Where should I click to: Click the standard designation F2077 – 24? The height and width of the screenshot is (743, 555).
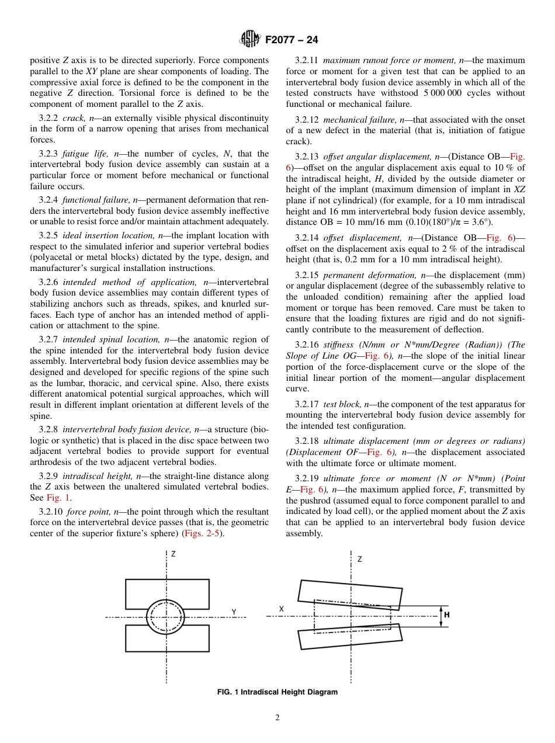pos(292,40)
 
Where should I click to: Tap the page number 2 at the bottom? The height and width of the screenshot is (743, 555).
pos(277,718)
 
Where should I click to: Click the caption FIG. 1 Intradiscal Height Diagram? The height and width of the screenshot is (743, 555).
pos(277,692)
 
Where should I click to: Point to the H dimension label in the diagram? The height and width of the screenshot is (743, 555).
pos(446,615)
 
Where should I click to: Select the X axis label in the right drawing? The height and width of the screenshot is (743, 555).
pos(281,609)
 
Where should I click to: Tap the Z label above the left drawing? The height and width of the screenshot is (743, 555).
pos(173,554)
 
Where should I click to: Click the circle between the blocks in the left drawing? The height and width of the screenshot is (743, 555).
pos(165,616)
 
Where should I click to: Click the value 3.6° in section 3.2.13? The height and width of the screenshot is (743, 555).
pos(483,222)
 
